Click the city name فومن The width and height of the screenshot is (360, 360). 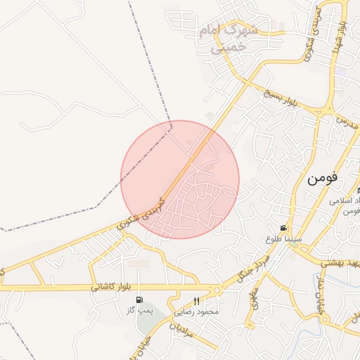[322, 177]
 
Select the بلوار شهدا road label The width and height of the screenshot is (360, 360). [340, 34]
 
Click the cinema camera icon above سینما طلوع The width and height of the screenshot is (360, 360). [283, 228]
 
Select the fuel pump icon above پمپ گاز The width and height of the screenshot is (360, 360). [139, 300]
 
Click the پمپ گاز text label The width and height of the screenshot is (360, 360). [139, 310]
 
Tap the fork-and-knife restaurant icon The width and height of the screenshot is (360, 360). [196, 300]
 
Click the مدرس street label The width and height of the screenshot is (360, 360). [345, 122]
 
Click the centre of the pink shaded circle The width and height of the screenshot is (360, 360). [180, 179]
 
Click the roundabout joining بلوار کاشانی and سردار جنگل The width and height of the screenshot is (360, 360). [217, 290]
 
